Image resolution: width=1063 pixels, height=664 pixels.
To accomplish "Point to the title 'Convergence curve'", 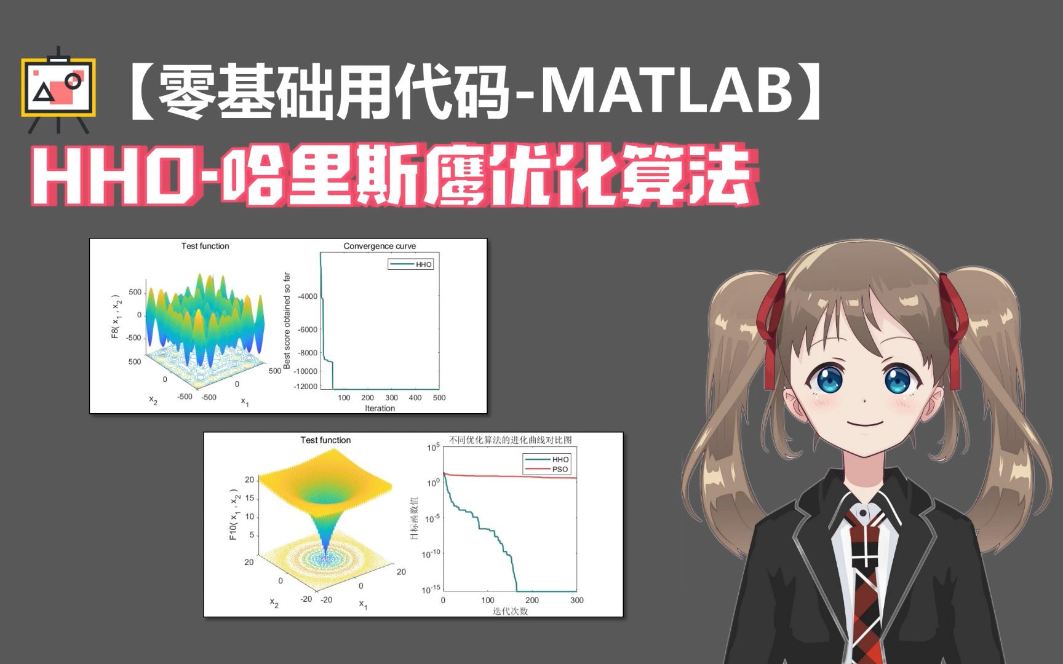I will point(380,246).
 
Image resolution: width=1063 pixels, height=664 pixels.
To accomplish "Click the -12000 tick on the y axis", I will point(306,387).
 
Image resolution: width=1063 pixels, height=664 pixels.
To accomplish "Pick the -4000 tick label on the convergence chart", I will point(307,296).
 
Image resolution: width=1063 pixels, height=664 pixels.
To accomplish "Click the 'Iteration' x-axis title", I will point(380,408).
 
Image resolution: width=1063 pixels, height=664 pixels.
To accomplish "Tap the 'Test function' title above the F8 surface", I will point(205,246).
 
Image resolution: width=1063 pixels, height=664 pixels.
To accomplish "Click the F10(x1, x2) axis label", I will point(234,515).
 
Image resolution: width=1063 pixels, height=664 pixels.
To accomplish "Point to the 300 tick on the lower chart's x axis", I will point(576,600).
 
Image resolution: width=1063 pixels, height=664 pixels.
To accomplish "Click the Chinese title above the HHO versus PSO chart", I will point(510,440).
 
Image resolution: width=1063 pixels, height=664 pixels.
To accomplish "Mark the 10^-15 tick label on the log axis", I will point(431,590).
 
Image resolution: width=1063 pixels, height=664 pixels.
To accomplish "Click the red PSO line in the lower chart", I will point(511,476).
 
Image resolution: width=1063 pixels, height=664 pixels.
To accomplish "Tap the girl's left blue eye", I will point(827,381).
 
